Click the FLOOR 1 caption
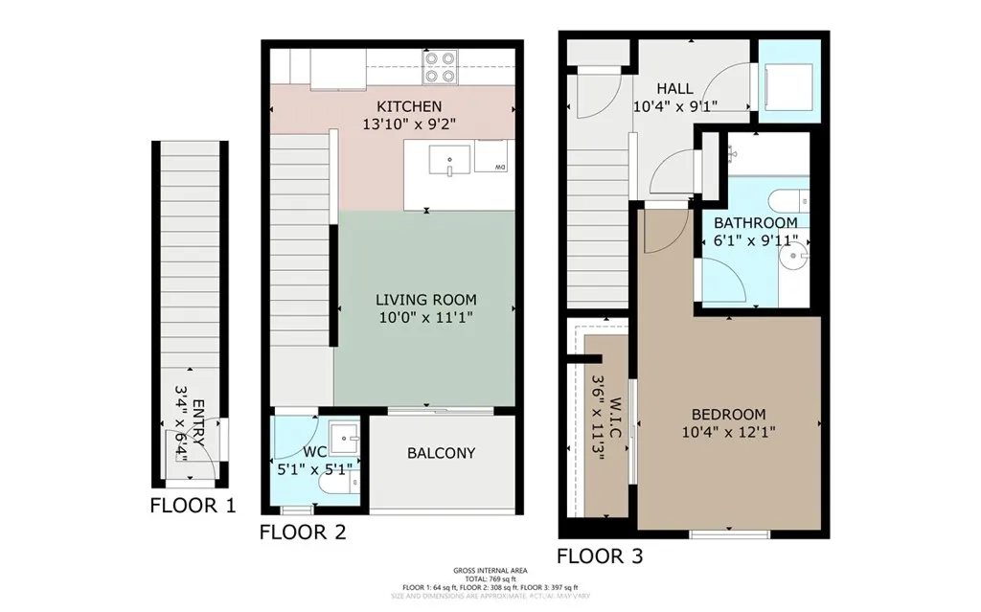click(x=193, y=506)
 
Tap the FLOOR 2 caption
click(x=302, y=532)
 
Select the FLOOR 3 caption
click(x=600, y=556)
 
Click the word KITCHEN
click(x=409, y=106)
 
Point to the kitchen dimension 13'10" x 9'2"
click(x=409, y=124)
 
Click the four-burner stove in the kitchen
click(x=440, y=67)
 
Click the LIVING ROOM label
click(x=425, y=300)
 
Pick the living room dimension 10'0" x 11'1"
click(x=425, y=316)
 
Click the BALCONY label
click(x=441, y=453)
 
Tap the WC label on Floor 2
click(x=315, y=452)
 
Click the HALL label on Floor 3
click(x=674, y=89)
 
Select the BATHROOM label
click(x=755, y=223)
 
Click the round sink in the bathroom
click(x=796, y=259)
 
